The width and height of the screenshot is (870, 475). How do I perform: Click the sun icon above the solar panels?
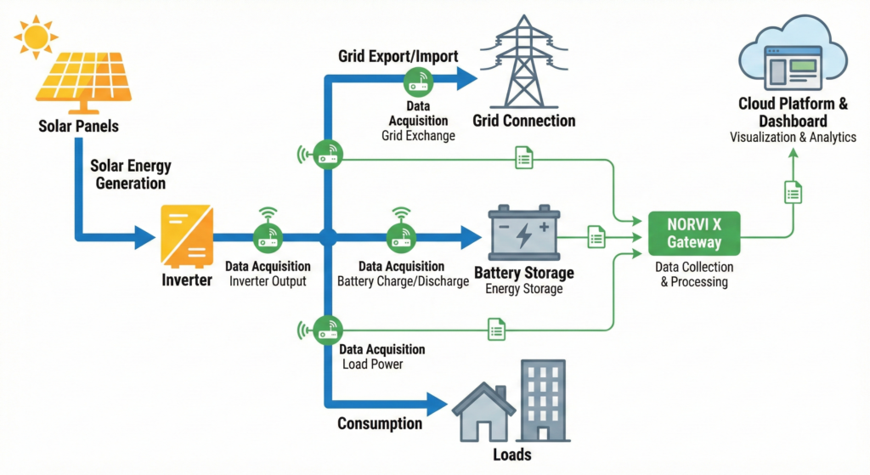[36, 37]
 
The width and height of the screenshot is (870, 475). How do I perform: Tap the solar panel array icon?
[81, 81]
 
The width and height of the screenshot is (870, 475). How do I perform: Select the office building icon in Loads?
[544, 399]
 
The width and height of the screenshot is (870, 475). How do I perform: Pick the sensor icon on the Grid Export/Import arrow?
[418, 82]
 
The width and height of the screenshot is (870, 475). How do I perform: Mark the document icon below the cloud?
[793, 192]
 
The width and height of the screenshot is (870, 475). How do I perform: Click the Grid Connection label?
[524, 121]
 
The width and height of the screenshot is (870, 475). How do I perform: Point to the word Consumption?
[380, 423]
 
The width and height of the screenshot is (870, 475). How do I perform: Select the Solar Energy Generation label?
[129, 173]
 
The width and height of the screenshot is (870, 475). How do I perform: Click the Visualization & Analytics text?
[794, 138]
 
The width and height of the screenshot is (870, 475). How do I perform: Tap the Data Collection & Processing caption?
[694, 274]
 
